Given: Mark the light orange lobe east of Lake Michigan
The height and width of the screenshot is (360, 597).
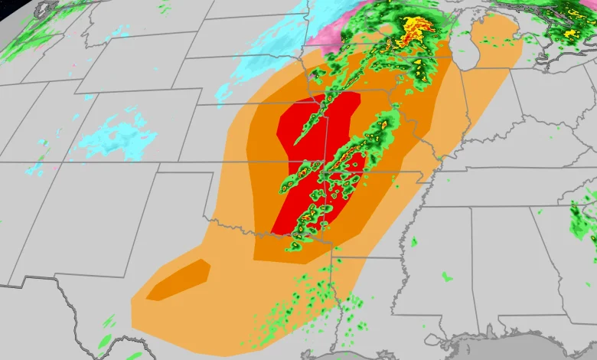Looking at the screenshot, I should [497, 42].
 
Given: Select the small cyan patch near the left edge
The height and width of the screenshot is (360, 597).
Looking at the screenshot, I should [34, 169].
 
